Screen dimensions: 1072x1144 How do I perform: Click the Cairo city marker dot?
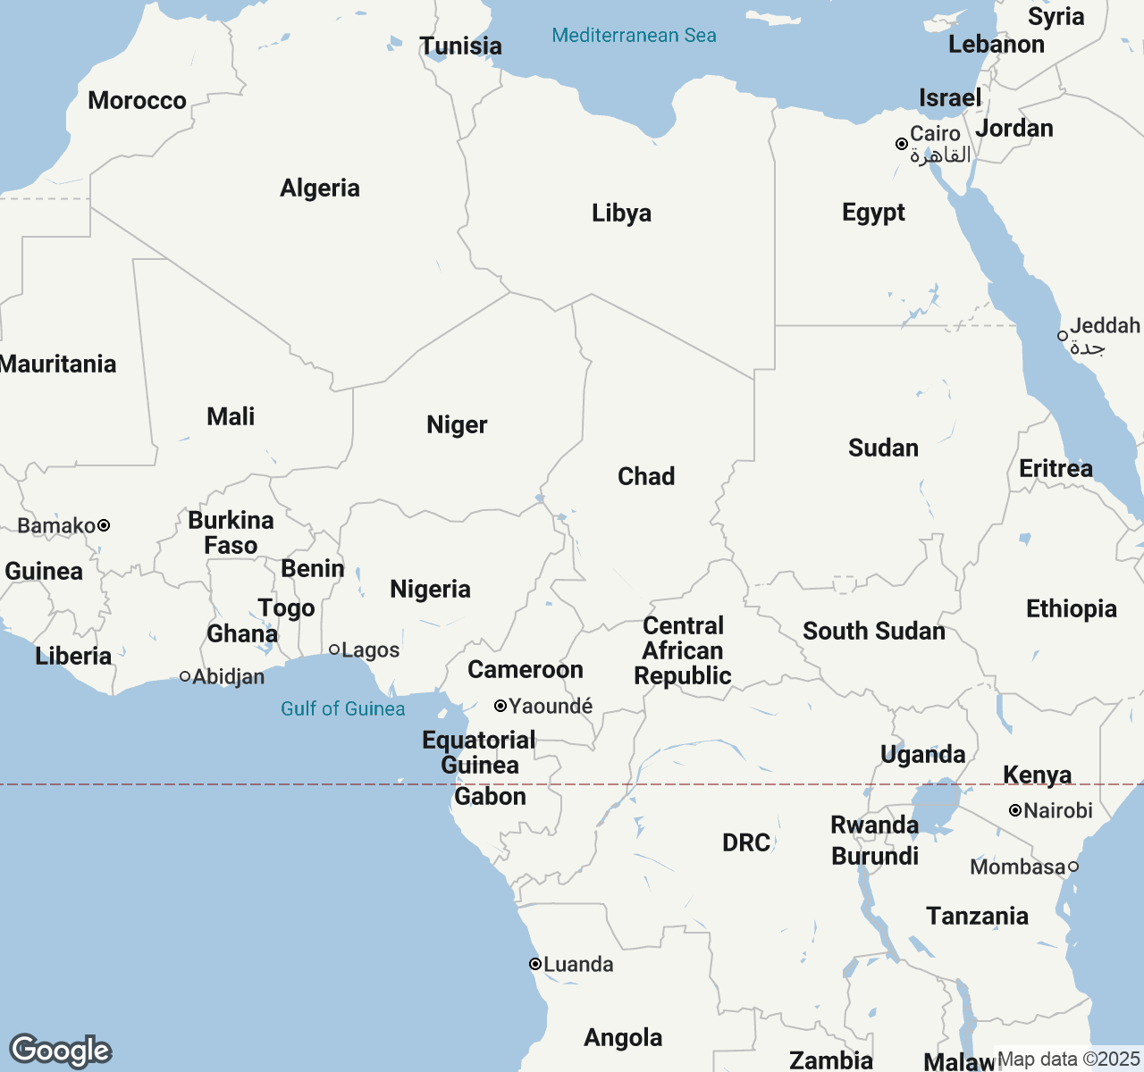(902, 144)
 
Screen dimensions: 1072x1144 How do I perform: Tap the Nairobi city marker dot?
(1015, 810)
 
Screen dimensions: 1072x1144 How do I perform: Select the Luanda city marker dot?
(534, 964)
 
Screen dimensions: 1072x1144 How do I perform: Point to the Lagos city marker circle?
(334, 649)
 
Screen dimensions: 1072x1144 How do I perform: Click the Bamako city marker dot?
(104, 525)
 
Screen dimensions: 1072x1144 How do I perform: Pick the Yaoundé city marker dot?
(500, 706)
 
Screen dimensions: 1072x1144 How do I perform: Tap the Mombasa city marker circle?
(1073, 867)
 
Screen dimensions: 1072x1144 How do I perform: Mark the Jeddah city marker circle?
(1063, 336)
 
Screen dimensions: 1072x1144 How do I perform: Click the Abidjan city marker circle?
(185, 676)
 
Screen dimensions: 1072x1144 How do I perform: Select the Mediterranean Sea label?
(634, 36)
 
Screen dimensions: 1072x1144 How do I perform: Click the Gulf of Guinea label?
(342, 708)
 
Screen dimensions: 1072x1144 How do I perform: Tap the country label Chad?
(646, 476)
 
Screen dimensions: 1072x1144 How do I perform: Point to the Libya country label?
(621, 213)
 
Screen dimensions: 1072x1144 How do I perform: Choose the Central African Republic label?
(683, 650)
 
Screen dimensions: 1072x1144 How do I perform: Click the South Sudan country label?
(873, 631)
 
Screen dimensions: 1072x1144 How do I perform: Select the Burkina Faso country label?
(231, 532)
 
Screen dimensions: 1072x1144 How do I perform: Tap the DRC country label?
(746, 842)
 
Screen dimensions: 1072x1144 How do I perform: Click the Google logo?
(60, 1051)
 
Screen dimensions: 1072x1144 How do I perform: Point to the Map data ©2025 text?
(1068, 1059)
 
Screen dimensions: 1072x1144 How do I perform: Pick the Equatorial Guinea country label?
(479, 752)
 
